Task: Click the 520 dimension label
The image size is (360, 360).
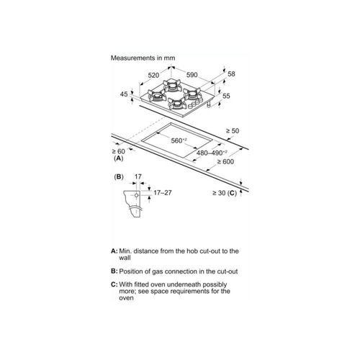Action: point(153,76)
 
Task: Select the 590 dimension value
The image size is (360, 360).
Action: point(192,75)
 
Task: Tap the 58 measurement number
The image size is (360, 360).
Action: point(231,74)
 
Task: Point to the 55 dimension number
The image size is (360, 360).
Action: point(226,96)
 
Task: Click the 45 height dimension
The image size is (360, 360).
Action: point(124,94)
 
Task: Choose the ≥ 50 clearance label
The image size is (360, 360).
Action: point(233,131)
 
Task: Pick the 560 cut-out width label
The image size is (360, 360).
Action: point(179,140)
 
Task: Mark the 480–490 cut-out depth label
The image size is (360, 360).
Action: point(212,153)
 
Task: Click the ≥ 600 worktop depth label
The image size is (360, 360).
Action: point(225,162)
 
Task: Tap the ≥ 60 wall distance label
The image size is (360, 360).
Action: point(119,151)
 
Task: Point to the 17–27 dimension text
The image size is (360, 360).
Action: point(163,193)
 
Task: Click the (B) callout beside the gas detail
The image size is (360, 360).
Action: point(119,177)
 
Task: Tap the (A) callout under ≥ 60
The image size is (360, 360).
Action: point(119,158)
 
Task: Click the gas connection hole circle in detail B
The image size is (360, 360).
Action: point(136,195)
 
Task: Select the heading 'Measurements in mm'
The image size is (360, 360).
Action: point(143,58)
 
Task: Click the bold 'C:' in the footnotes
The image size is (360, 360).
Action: point(114,284)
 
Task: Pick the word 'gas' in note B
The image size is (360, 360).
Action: point(158,272)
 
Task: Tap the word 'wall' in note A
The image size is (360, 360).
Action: point(125,258)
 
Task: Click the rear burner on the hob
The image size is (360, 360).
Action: point(172,85)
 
